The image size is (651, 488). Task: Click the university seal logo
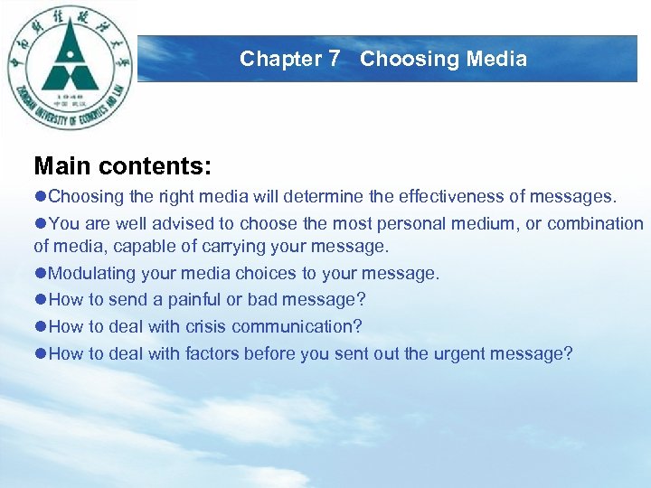[x=71, y=68]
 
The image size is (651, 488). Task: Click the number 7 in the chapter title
[x=335, y=60]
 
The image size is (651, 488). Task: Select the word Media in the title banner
[x=495, y=60]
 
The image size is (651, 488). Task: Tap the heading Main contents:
[x=122, y=165]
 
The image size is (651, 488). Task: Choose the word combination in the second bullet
[x=588, y=223]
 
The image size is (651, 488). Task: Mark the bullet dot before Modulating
[x=41, y=273]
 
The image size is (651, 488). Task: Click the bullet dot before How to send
[x=41, y=299]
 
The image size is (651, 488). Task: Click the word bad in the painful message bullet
[x=273, y=299]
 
